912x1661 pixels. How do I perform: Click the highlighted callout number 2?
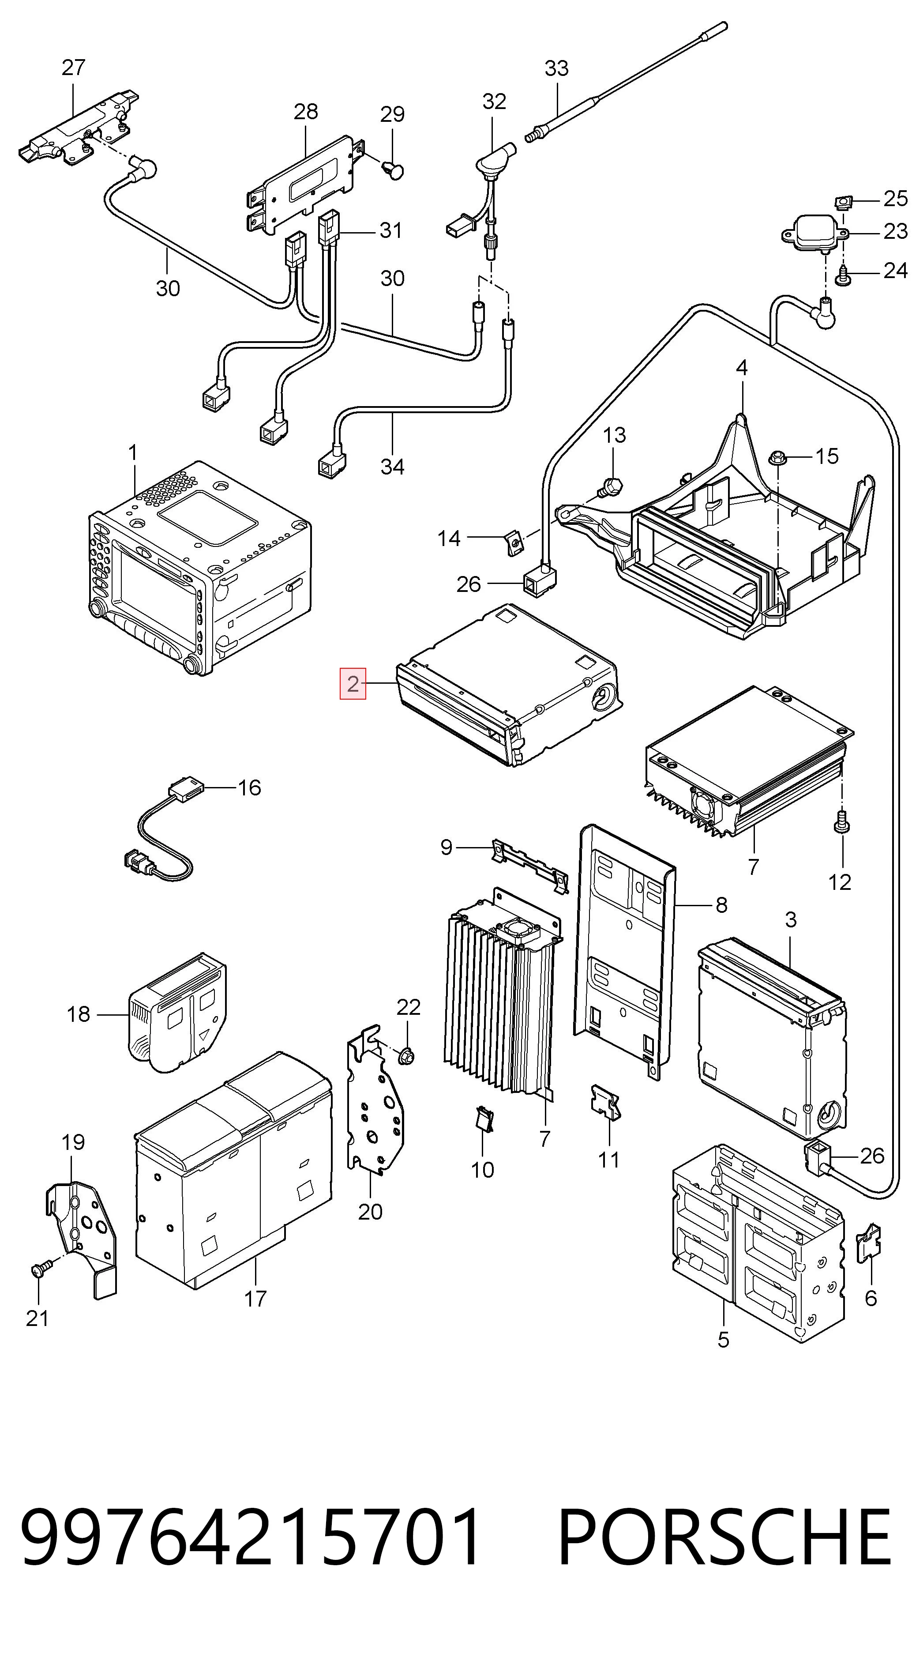[x=353, y=683]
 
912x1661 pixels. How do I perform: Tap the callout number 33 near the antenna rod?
[x=557, y=68]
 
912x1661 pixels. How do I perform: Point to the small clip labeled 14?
[x=513, y=542]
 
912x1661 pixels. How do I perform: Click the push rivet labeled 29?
[x=393, y=171]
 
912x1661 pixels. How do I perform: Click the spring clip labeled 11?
[x=607, y=1101]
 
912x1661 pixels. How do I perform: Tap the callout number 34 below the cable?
[x=393, y=466]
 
